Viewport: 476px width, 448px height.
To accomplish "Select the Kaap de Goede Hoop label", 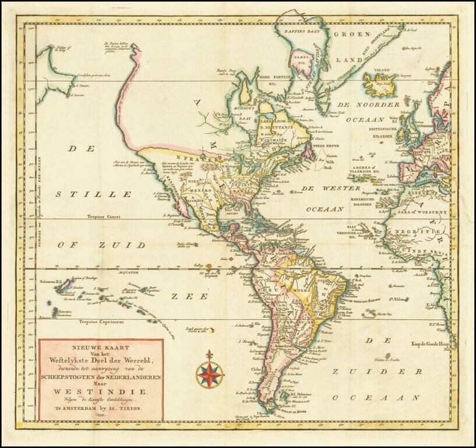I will pos(432,344).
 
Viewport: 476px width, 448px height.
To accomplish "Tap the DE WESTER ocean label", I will pos(326,188).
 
